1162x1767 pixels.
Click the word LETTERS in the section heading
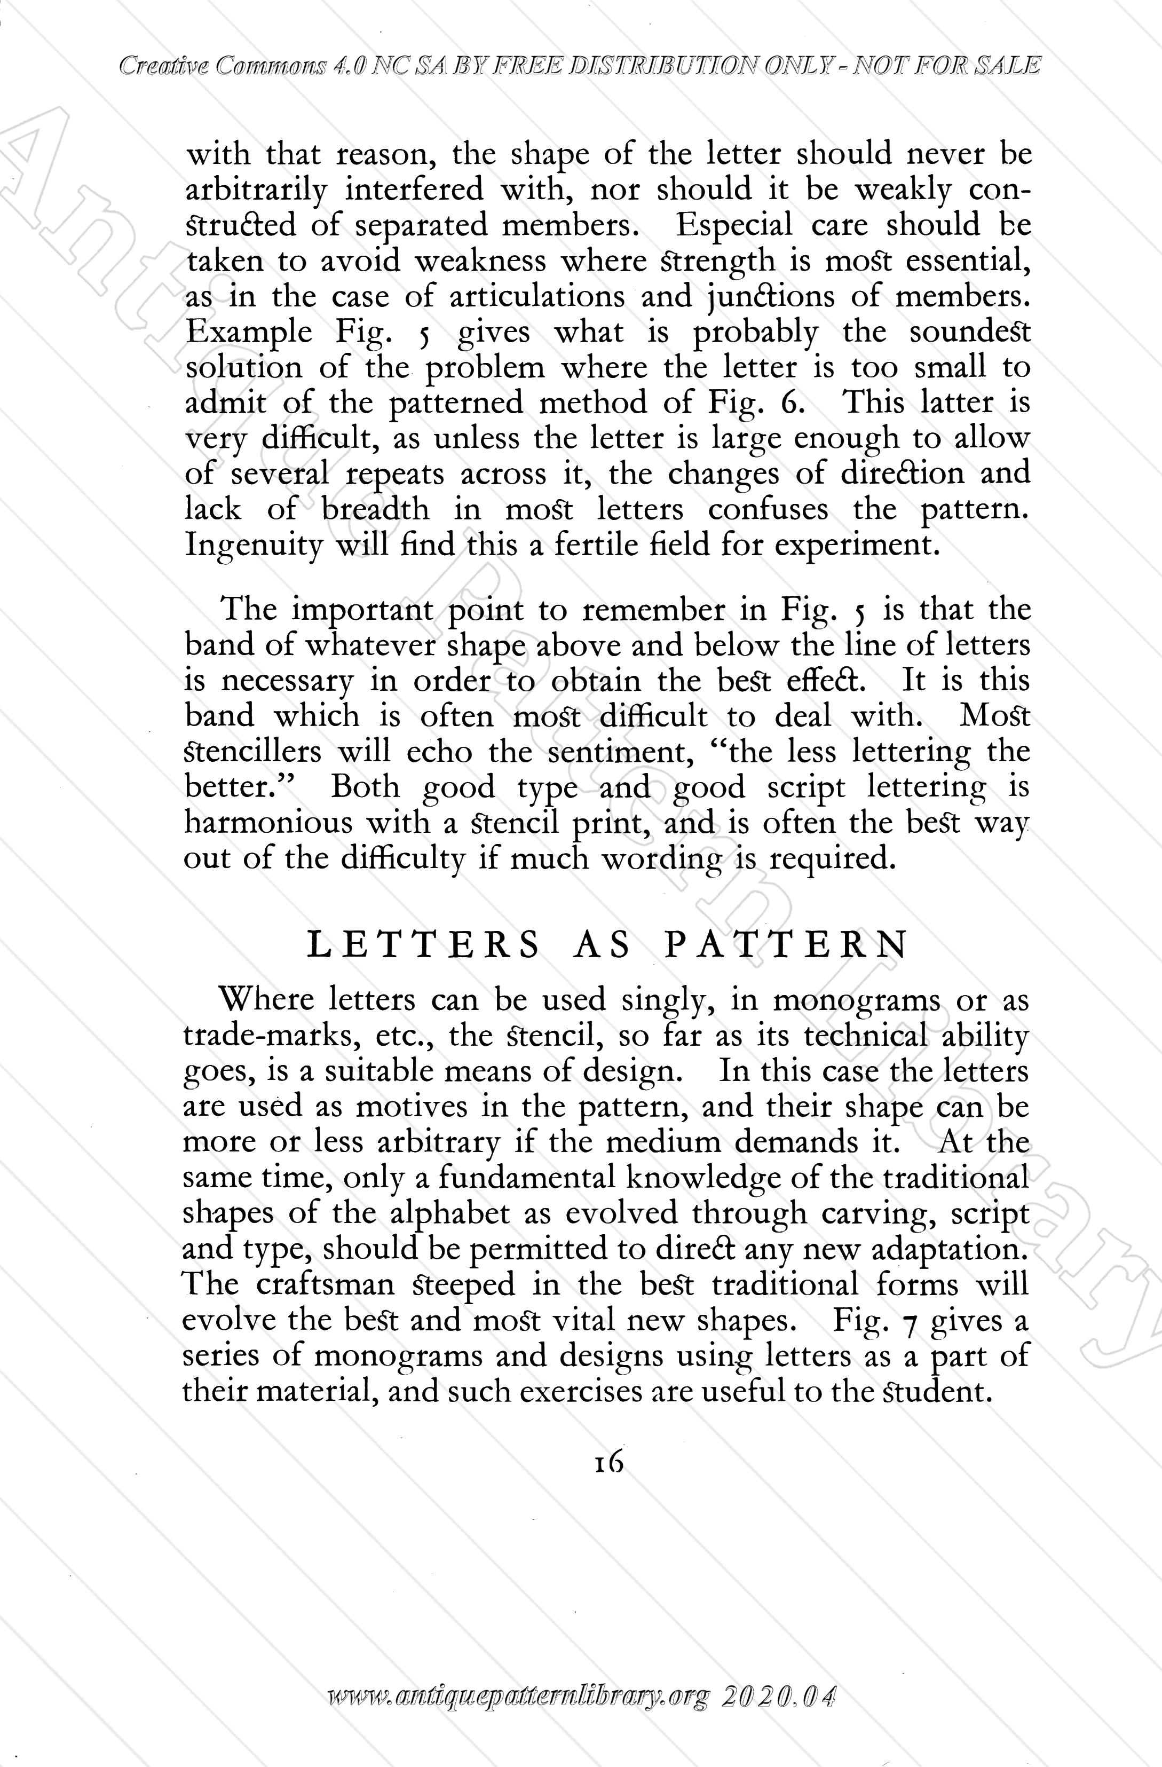tap(423, 946)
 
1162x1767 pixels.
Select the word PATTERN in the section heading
tap(785, 946)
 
